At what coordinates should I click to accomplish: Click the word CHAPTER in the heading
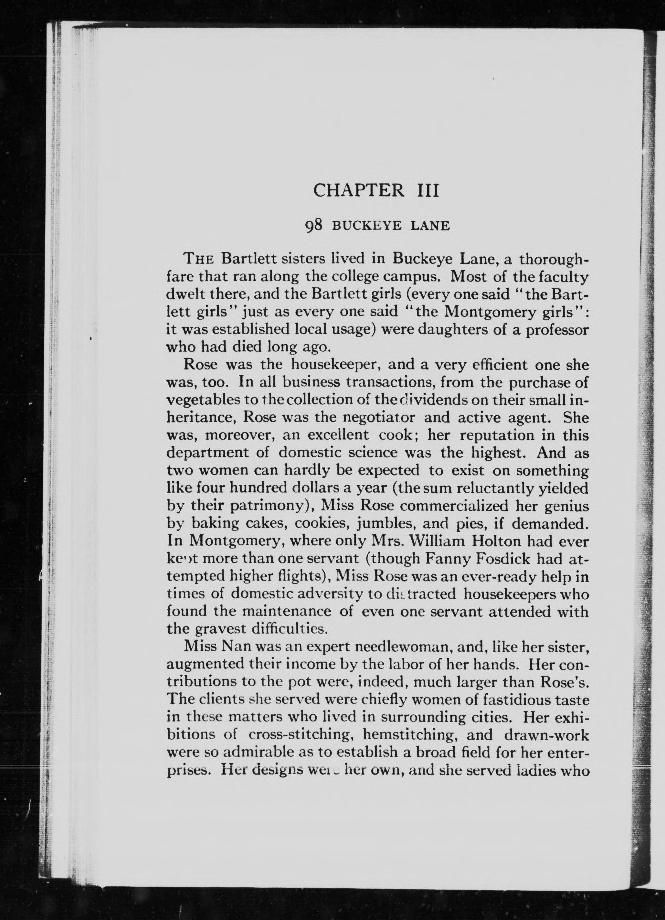359,190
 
